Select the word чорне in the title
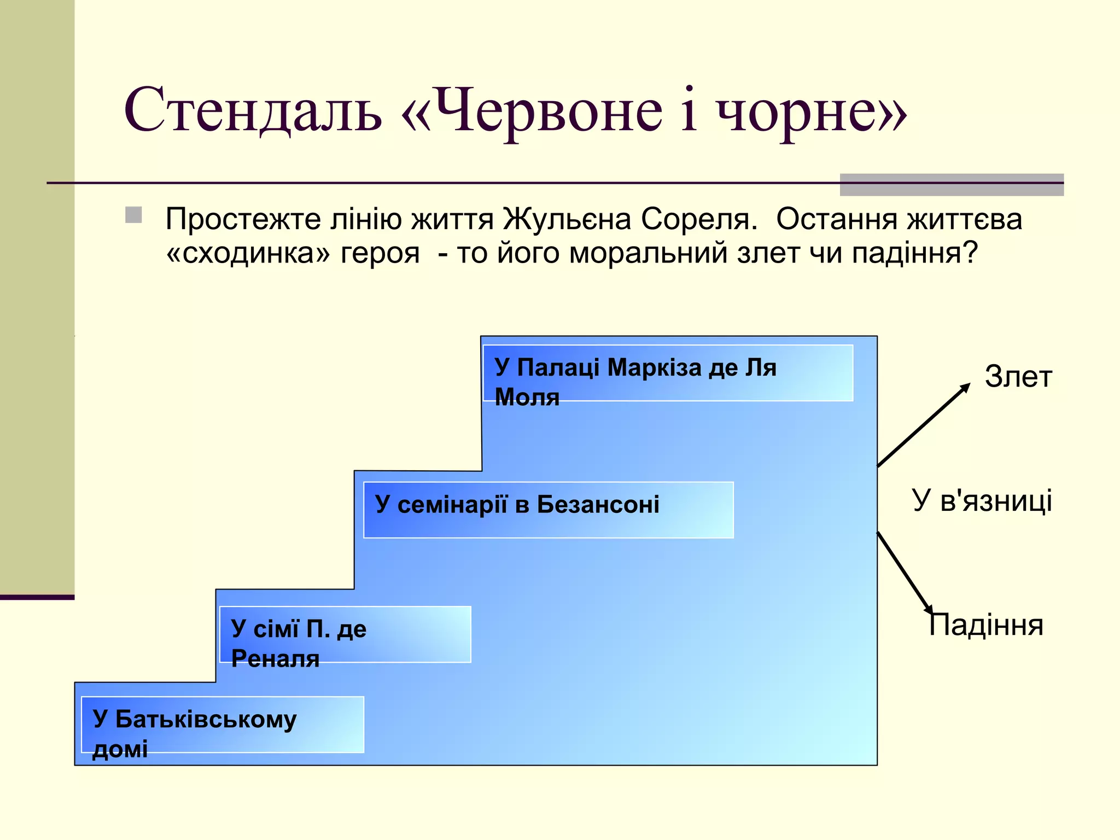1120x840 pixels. pos(798,112)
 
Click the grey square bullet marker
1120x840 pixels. pos(133,215)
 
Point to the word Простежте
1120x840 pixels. pos(243,220)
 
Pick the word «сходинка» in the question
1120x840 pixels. pos(249,253)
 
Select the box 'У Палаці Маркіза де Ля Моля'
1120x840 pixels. pos(668,374)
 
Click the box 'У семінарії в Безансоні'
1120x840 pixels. pos(548,510)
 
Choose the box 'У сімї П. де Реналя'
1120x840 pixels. pos(345,634)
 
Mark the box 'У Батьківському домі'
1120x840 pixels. pos(223,725)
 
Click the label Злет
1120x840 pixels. pos(1018,377)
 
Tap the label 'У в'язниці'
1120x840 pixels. pos(982,500)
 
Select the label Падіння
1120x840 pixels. pos(986,625)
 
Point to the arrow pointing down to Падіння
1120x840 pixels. pos(905,573)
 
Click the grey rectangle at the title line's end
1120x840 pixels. pos(952,184)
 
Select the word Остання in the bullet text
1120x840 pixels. pos(837,219)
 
